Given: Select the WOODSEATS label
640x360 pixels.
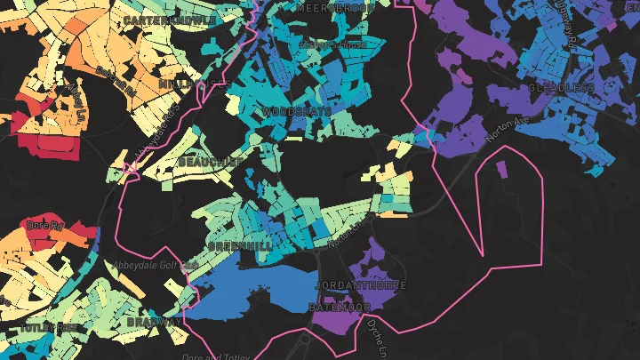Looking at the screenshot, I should click(x=297, y=112).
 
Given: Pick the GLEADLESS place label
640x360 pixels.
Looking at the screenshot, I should click(x=561, y=89).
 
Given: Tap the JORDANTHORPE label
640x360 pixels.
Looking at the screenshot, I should click(x=360, y=285).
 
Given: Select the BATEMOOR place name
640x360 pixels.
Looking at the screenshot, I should click(x=339, y=307).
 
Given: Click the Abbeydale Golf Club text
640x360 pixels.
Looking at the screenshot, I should click(x=154, y=266).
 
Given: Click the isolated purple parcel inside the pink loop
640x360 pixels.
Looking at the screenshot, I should click(x=500, y=169).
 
